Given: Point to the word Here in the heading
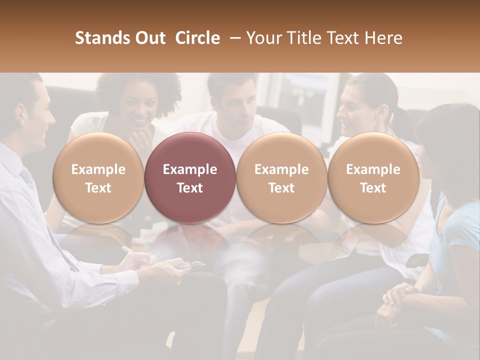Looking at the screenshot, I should click(384, 38).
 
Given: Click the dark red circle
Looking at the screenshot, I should click(190, 177).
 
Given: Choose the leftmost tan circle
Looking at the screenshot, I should click(98, 177).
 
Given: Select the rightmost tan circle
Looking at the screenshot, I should click(373, 177).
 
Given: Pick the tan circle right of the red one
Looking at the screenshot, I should click(281, 177).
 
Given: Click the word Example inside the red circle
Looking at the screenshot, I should click(190, 169).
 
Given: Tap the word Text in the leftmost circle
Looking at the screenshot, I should click(98, 188).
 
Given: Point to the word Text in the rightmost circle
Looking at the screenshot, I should click(373, 188).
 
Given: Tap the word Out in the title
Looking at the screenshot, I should click(150, 38).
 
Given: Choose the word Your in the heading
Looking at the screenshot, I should click(262, 38).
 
